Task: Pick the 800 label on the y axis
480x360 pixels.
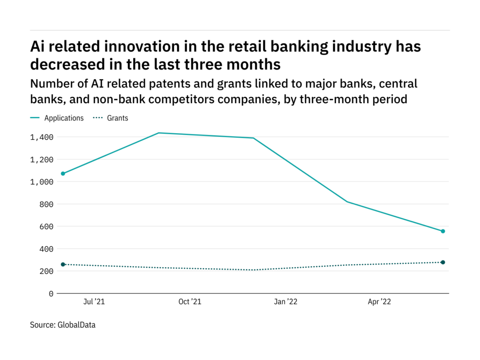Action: coord(46,204)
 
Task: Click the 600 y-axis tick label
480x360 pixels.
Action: coord(46,226)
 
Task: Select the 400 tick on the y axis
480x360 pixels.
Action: coord(46,249)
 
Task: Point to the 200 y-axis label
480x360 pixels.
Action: coord(46,271)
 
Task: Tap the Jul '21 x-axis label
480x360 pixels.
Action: coord(94,302)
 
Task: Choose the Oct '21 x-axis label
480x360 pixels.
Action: coord(190,302)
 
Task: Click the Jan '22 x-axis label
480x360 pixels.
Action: coord(285,302)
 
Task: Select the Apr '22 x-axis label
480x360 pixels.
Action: coord(379,302)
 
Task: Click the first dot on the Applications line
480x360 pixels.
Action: coord(63,173)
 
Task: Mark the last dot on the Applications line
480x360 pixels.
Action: coord(443,231)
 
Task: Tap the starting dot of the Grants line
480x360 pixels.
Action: coord(63,264)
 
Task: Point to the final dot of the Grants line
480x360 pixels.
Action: coord(443,262)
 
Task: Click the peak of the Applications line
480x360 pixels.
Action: coord(158,133)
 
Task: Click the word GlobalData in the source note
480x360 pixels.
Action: coord(76,324)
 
